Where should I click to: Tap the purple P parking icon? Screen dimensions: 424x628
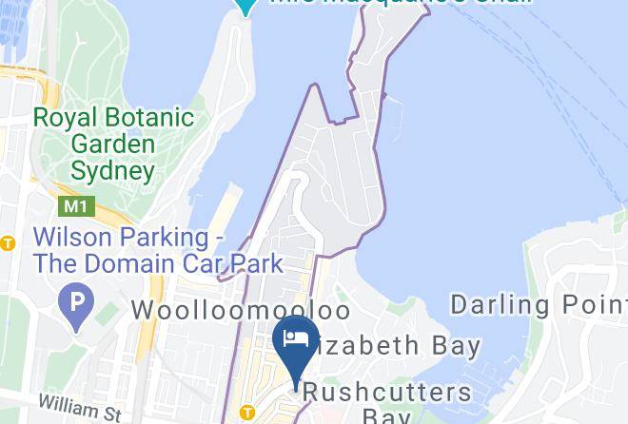pos(75,304)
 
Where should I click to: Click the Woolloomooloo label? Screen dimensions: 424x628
pos(241,311)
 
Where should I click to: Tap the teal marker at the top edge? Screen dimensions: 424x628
pos(245,6)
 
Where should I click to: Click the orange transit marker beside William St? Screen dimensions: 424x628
pos(246,413)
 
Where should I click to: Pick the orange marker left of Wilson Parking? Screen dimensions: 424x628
pos(8,243)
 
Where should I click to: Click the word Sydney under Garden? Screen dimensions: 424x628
pos(112,172)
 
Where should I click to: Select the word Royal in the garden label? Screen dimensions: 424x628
pos(62,119)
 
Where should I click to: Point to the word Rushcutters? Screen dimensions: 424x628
pos(389,392)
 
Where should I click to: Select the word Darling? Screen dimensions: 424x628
pos(500,305)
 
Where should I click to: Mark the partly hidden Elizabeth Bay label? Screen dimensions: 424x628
pos(400,344)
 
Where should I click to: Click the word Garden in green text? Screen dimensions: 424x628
pos(112,145)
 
